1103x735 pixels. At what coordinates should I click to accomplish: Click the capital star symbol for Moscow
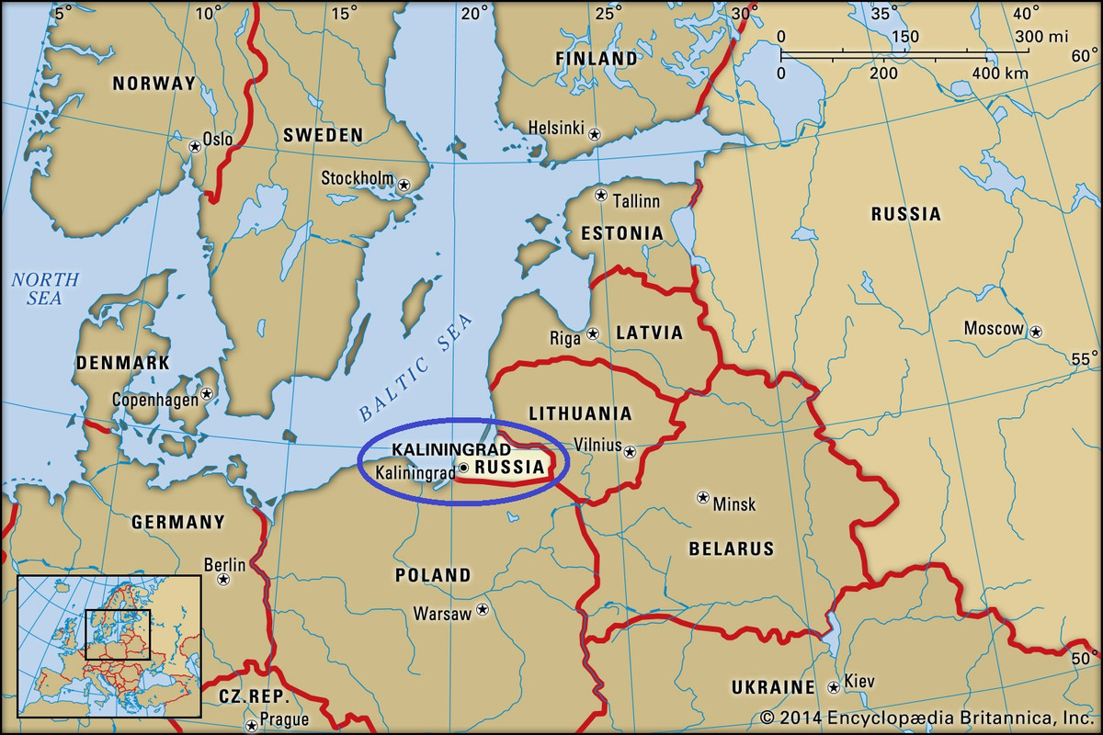click(1036, 331)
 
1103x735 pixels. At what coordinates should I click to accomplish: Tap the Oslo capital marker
click(195, 146)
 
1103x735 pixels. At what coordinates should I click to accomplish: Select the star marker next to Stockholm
click(404, 186)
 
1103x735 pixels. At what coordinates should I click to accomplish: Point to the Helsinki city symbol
click(595, 134)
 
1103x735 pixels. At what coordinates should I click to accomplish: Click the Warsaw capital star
click(482, 610)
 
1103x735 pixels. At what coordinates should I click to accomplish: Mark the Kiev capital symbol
click(833, 686)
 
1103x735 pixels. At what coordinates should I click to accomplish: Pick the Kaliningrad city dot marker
click(464, 468)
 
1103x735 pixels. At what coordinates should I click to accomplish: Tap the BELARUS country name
click(731, 549)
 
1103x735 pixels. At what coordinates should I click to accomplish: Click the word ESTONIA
click(621, 233)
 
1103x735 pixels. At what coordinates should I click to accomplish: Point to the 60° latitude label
click(1083, 56)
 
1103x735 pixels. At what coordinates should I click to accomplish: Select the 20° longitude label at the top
click(475, 13)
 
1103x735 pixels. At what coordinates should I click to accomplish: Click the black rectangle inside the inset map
click(118, 634)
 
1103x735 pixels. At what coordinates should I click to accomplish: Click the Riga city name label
click(565, 338)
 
